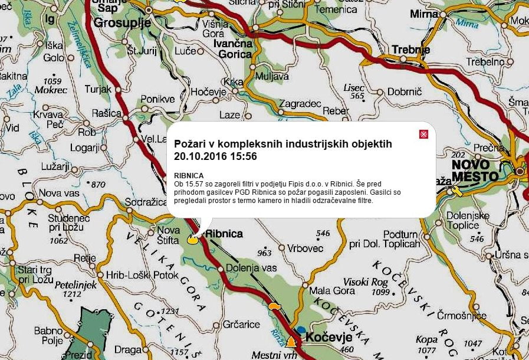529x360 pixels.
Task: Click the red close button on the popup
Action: click(x=423, y=135)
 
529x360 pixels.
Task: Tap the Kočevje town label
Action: click(x=329, y=338)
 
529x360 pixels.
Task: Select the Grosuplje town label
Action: click(x=123, y=23)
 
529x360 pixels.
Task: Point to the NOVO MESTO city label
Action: click(x=475, y=170)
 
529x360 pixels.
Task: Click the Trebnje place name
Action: click(x=410, y=50)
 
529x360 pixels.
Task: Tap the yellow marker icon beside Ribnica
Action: click(x=192, y=240)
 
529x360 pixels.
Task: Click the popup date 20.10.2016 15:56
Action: click(x=216, y=156)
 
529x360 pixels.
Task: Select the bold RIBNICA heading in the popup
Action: click(x=189, y=176)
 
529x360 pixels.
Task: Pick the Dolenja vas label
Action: click(x=251, y=268)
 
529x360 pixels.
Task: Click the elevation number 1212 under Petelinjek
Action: click(x=72, y=293)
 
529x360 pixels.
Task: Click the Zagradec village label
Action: click(x=300, y=103)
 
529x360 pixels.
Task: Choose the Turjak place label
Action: click(x=98, y=89)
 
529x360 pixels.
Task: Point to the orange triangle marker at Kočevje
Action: click(x=290, y=342)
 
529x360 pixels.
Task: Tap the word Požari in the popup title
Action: click(x=190, y=144)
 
